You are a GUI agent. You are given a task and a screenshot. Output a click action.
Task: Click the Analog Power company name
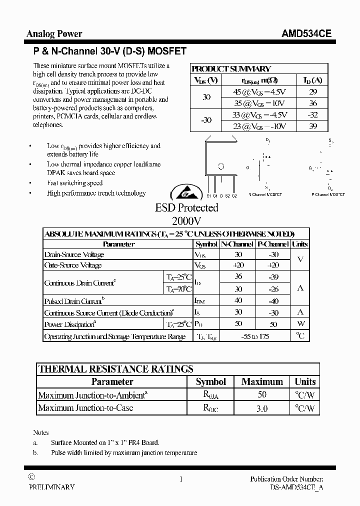coord(54,34)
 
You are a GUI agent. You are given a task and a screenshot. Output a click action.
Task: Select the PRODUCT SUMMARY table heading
coord(231,69)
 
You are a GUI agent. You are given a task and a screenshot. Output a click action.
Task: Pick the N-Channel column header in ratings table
coord(237,244)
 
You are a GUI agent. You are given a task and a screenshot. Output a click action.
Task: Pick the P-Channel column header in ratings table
coord(273,244)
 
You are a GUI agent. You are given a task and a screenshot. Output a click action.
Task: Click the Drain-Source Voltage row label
coord(74,254)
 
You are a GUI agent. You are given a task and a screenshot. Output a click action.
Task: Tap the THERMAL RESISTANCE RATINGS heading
coord(115,369)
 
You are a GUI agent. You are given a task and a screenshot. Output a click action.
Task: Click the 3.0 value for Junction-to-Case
coord(262,408)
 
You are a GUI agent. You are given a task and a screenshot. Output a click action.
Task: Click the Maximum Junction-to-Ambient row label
coord(92,395)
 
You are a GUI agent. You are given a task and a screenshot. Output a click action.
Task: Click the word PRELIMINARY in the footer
coord(51,486)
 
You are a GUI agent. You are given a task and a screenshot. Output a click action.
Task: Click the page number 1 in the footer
coord(181,479)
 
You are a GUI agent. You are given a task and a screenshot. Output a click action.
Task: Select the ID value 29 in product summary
coord(313,92)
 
